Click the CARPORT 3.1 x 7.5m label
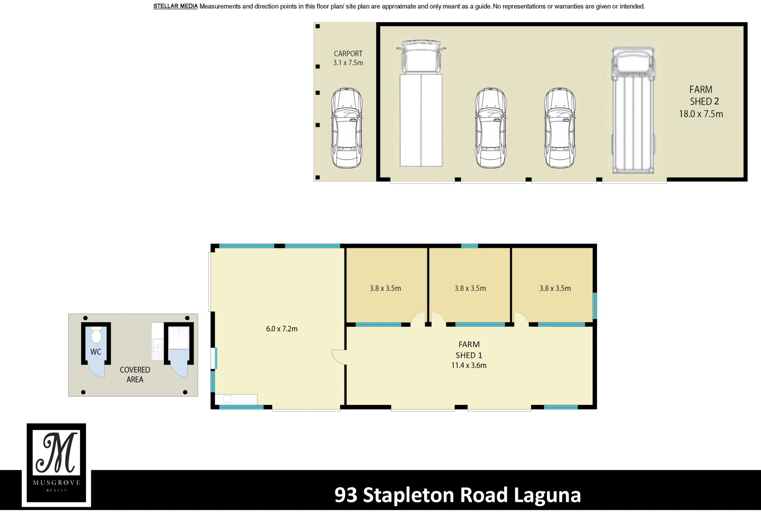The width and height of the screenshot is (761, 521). [348, 58]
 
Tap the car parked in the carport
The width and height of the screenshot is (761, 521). [347, 128]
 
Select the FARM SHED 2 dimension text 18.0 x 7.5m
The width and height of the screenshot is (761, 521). [701, 114]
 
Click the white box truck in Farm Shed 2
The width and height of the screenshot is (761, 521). [421, 103]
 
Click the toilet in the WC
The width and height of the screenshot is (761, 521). [96, 335]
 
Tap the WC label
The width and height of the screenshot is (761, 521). [96, 352]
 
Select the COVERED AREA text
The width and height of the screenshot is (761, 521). [135, 374]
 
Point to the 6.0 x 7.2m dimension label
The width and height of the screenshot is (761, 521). [281, 329]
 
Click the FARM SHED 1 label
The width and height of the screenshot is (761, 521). [469, 350]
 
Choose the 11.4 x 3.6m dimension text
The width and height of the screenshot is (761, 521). [469, 365]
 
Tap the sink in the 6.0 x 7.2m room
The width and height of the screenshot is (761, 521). [228, 399]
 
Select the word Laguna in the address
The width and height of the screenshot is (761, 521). [547, 496]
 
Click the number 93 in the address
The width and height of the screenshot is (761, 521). [346, 495]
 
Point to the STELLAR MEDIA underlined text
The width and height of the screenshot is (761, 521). [175, 6]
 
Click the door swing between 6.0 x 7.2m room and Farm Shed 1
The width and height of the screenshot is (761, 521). [339, 357]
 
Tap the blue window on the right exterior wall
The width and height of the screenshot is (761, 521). [595, 305]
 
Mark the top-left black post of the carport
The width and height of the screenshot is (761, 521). [317, 27]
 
